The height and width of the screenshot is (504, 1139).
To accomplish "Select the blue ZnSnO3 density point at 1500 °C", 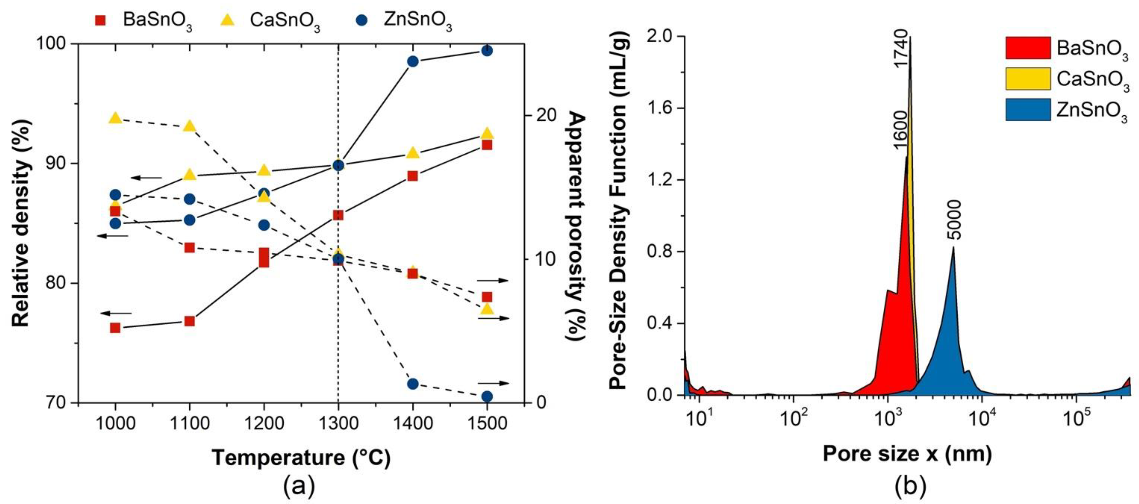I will click(x=487, y=50).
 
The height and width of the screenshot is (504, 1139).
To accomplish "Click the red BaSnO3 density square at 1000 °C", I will click(x=115, y=328).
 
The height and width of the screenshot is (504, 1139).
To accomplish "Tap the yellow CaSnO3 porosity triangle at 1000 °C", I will click(x=115, y=118).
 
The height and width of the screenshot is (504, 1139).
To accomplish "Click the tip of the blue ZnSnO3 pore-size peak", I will click(x=953, y=247).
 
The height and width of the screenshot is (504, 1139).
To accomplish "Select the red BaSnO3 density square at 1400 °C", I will click(x=413, y=176).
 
